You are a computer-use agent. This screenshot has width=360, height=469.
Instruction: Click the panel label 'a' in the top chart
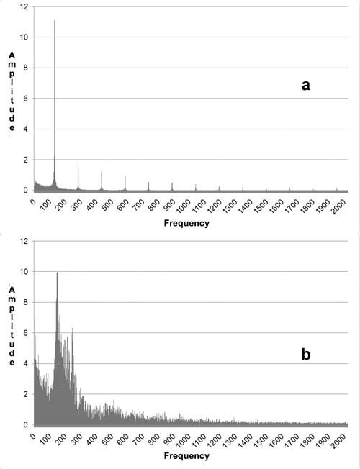click(x=305, y=86)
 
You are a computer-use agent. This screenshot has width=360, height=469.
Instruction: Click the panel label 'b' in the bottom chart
click(x=306, y=355)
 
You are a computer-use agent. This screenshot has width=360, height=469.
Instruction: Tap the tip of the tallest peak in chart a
click(x=55, y=20)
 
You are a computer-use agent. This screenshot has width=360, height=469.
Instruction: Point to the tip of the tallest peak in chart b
click(x=57, y=272)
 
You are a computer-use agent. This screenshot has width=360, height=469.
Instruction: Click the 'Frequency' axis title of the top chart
click(x=186, y=223)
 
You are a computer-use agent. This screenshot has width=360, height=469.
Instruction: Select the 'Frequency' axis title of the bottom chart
click(x=186, y=456)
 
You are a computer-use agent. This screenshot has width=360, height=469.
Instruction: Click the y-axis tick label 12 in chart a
click(x=24, y=6)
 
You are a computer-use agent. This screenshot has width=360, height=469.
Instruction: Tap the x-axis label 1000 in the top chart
click(x=184, y=206)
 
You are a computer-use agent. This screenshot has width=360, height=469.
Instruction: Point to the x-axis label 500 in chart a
click(x=107, y=204)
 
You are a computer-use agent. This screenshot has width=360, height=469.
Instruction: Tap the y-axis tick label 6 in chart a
click(x=25, y=99)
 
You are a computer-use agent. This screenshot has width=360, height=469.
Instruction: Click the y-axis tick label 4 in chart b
click(x=25, y=364)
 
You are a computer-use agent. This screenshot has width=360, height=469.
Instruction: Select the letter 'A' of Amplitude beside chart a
click(x=12, y=55)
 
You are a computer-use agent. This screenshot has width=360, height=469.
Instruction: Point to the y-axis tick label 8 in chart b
click(x=25, y=302)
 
